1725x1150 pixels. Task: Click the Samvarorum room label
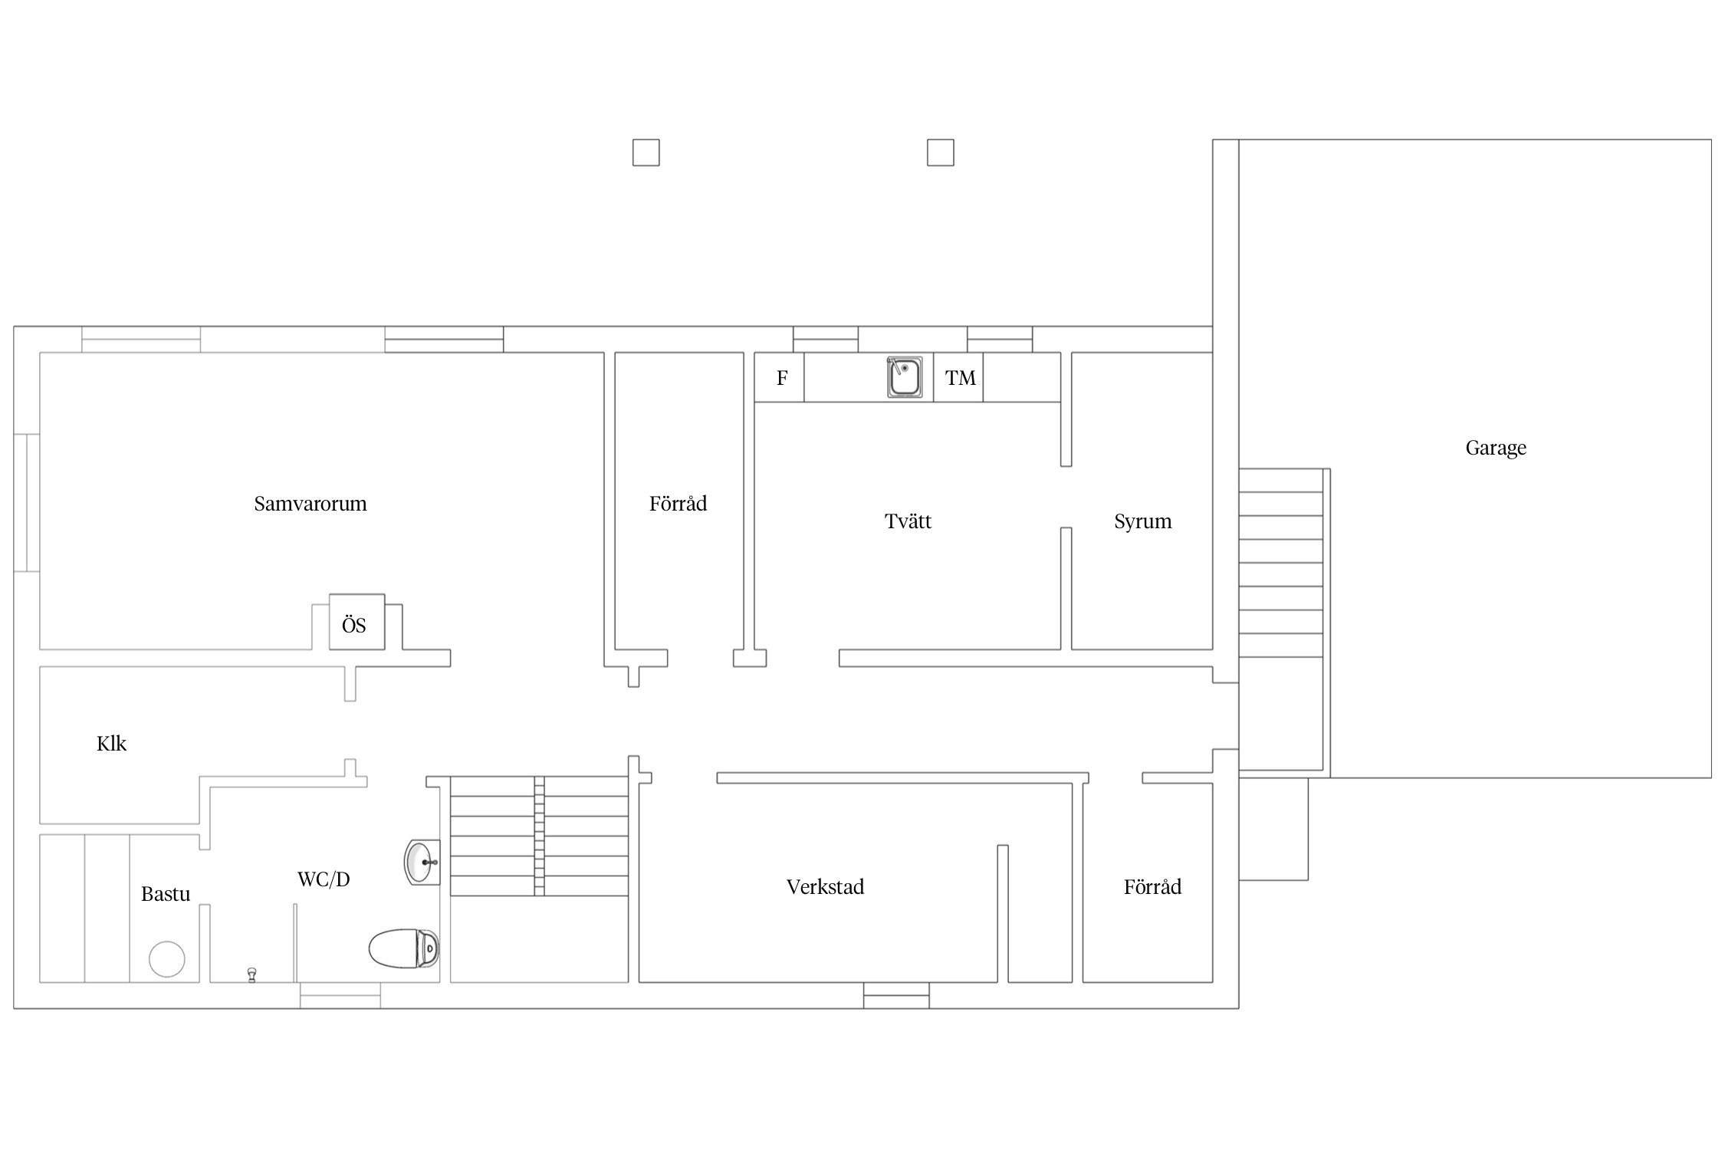click(x=310, y=504)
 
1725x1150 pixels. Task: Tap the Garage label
click(x=1496, y=449)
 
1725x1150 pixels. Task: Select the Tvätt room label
click(x=908, y=521)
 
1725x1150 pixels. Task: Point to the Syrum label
click(x=1142, y=522)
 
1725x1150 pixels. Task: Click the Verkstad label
click(x=825, y=887)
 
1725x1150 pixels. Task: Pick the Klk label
click(x=111, y=744)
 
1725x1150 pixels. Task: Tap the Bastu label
click(x=166, y=894)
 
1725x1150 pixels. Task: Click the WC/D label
click(x=324, y=879)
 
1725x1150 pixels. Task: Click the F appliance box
click(x=779, y=377)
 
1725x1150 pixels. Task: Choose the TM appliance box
click(x=958, y=377)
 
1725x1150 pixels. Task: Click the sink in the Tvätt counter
click(x=905, y=377)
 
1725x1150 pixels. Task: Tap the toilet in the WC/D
click(x=404, y=949)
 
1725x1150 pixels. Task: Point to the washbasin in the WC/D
click(x=422, y=863)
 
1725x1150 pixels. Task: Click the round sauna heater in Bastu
click(x=167, y=959)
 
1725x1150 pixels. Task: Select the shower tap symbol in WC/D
click(x=251, y=974)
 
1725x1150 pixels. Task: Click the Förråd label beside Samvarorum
click(x=678, y=504)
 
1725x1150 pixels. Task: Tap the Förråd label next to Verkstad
click(x=1152, y=887)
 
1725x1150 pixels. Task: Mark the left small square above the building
click(x=646, y=153)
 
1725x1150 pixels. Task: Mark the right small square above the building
click(x=941, y=153)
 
